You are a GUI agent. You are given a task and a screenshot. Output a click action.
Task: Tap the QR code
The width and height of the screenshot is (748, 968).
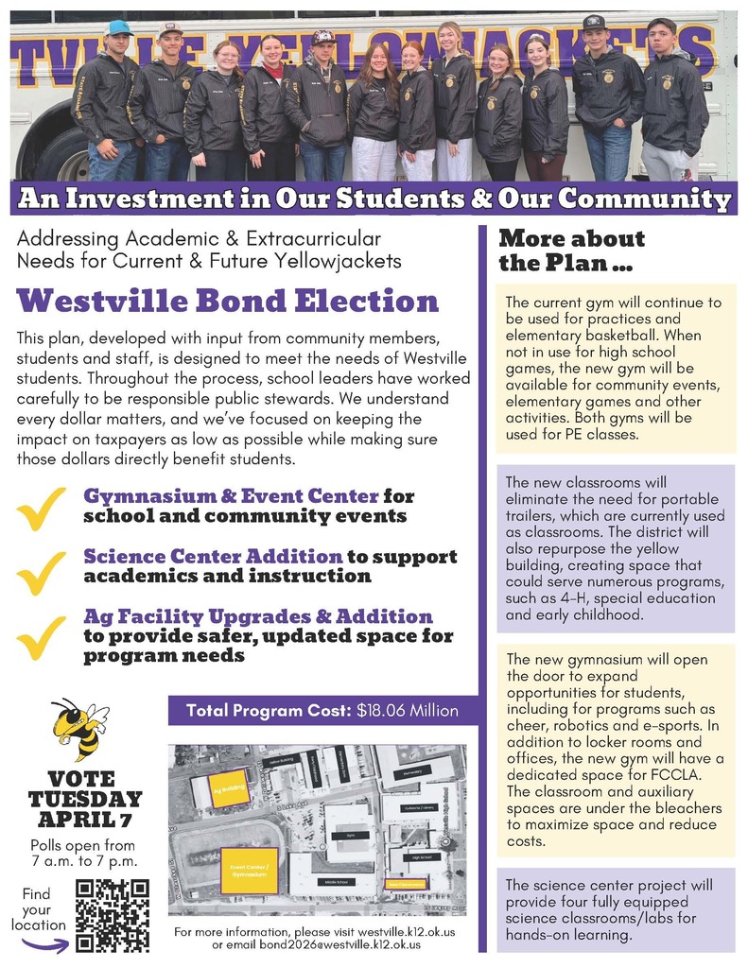click(112, 914)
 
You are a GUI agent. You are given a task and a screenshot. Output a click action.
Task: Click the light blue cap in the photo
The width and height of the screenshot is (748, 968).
click(118, 27)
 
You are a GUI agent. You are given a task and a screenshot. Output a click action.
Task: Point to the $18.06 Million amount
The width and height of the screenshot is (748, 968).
click(408, 711)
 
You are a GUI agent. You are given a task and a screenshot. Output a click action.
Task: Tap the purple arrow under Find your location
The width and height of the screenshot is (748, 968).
click(44, 945)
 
